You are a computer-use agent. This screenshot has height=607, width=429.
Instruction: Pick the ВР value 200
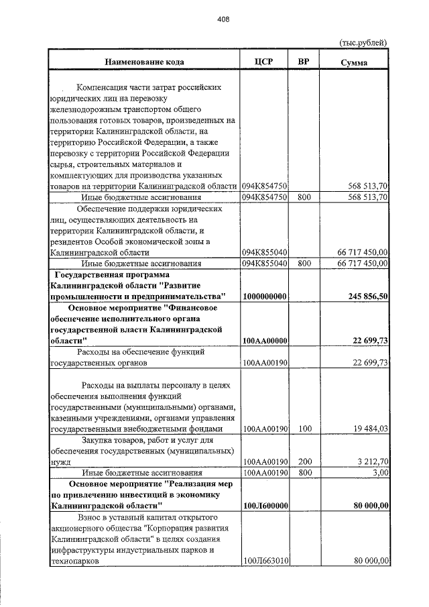pos(304,461)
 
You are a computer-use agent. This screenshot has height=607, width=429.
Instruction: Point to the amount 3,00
pos(380,473)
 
